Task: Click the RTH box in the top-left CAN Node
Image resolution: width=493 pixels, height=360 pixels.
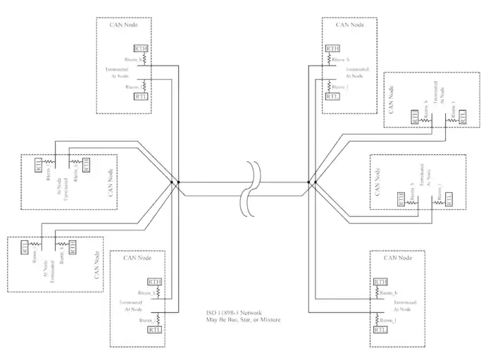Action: (140, 49)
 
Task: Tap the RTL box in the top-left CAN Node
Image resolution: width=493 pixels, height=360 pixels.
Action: (140, 95)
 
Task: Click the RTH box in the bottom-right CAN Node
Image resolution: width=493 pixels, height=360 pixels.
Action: (380, 282)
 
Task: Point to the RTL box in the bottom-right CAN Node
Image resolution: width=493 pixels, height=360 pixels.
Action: (380, 328)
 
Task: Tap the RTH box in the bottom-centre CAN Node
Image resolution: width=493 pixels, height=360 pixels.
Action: (156, 282)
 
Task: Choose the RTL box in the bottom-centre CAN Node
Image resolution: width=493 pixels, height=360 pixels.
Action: (156, 328)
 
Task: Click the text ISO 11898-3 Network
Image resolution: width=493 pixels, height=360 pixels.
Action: (237, 312)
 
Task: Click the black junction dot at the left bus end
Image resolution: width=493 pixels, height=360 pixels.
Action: (179, 183)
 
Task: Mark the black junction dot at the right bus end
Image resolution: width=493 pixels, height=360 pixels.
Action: (316, 183)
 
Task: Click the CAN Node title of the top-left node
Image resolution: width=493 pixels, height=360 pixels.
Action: (126, 25)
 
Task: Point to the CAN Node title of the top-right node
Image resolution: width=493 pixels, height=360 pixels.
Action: (351, 25)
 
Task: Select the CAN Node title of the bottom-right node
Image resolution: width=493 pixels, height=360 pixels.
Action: (399, 258)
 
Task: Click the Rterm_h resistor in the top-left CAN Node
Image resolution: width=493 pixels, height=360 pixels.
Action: (143, 61)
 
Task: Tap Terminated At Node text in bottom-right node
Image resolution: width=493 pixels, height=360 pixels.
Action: (404, 305)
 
